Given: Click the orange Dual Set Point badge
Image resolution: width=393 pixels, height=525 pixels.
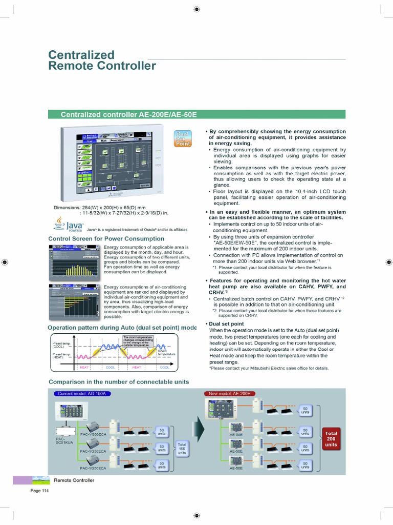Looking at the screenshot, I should [x=183, y=138].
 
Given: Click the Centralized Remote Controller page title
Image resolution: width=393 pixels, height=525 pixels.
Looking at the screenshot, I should [x=102, y=60].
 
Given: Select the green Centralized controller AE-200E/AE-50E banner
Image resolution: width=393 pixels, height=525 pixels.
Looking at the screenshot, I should [x=196, y=114].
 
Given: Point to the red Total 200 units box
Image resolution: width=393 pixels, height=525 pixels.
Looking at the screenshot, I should [x=331, y=439].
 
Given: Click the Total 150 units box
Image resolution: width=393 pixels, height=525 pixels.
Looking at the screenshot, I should [x=182, y=448].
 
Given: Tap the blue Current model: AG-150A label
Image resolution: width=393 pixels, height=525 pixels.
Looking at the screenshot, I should [x=82, y=393].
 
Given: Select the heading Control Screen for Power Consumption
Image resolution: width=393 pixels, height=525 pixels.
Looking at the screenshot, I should [x=106, y=238].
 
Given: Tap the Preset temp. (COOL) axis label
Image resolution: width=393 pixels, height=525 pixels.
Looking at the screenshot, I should [x=61, y=345].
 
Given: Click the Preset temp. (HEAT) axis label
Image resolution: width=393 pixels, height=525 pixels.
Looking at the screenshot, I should [x=61, y=356].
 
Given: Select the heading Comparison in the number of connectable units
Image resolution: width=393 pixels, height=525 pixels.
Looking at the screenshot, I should [x=119, y=381].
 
